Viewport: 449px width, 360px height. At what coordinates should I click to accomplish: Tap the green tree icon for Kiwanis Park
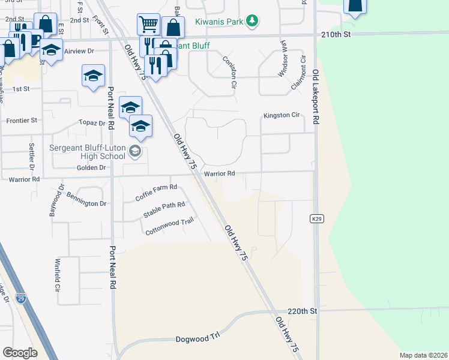253,21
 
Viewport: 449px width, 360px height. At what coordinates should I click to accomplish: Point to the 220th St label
302,311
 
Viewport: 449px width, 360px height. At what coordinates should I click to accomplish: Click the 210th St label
336,34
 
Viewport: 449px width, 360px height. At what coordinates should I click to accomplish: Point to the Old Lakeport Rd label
315,95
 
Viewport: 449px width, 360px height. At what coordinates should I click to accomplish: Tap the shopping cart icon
148,24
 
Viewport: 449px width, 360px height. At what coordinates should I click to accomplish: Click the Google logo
20,352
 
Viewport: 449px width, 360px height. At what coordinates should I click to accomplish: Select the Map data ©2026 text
423,355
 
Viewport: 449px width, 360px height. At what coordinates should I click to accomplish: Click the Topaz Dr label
92,122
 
